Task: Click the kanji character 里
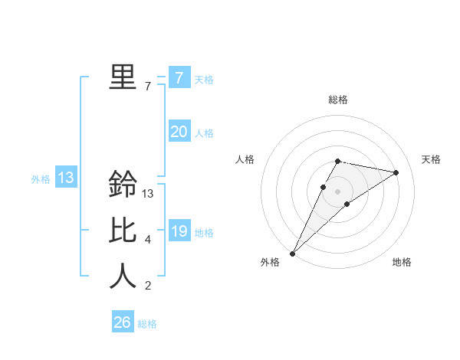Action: click(x=123, y=77)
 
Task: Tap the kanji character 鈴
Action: click(x=123, y=184)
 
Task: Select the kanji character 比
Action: click(x=123, y=231)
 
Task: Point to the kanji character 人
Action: click(x=123, y=276)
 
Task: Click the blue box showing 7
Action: click(x=179, y=77)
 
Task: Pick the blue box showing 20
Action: click(x=179, y=132)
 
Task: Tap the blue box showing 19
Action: click(x=179, y=231)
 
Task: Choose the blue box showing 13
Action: click(x=66, y=178)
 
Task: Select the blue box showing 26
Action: click(x=123, y=322)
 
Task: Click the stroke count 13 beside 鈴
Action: click(x=149, y=194)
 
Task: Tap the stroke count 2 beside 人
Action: click(x=147, y=286)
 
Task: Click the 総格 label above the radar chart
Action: click(x=338, y=100)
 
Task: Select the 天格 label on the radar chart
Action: click(x=432, y=159)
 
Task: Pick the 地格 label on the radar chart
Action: click(x=402, y=262)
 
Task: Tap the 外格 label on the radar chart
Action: click(x=270, y=262)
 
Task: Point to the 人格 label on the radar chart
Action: click(x=245, y=159)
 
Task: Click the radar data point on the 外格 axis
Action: click(x=292, y=253)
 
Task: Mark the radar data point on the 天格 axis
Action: click(x=396, y=172)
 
